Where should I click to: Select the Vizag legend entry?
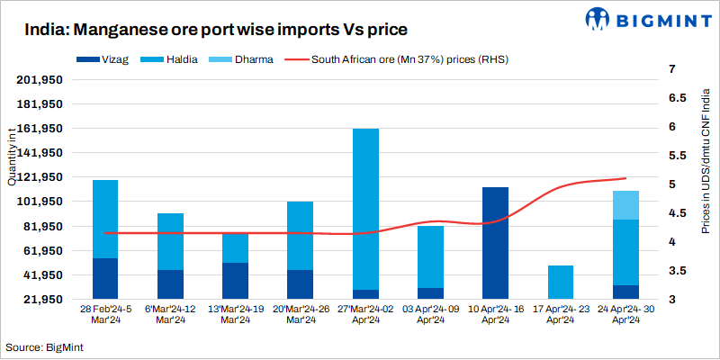point(107,61)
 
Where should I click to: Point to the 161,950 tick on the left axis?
point(40,129)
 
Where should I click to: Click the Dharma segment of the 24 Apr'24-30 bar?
point(625,205)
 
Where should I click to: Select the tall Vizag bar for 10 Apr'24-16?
point(496,242)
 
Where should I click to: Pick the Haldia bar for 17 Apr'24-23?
point(561,282)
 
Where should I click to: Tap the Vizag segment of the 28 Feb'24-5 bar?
point(105,278)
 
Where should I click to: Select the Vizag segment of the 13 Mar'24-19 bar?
point(235,280)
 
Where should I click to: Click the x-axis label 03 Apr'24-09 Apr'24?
point(430,314)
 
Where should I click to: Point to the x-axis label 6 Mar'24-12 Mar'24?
point(170,314)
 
